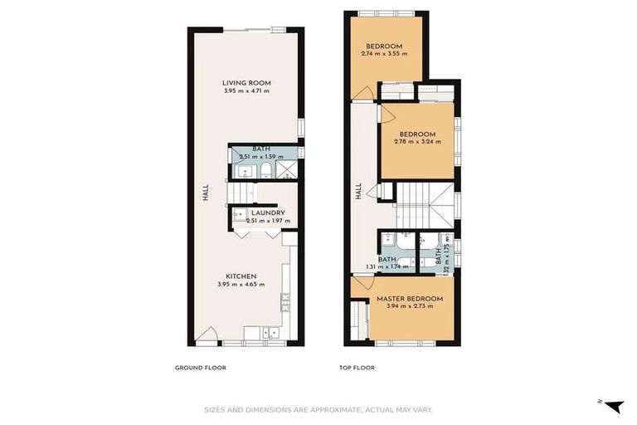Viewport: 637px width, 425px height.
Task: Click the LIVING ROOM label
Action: [246, 83]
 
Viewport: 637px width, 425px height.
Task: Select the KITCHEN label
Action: [242, 276]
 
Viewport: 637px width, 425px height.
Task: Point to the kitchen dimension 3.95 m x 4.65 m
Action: [242, 285]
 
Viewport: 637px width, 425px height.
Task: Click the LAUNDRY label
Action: [269, 212]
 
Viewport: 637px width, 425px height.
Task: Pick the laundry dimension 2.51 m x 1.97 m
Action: [269, 221]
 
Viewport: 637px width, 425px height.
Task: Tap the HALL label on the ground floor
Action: [205, 193]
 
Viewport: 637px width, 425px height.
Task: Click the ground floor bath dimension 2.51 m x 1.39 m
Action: [260, 156]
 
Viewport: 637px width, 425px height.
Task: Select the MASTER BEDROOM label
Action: [410, 299]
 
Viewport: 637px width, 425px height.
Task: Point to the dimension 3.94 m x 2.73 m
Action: [410, 306]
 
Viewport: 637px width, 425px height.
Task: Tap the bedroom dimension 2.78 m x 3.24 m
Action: [417, 142]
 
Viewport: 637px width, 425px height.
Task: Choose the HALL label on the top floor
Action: [359, 192]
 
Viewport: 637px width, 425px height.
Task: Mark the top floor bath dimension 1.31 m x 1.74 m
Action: [387, 267]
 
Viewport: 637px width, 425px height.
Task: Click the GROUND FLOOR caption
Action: [200, 368]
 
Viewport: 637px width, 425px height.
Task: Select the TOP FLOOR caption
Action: [357, 368]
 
